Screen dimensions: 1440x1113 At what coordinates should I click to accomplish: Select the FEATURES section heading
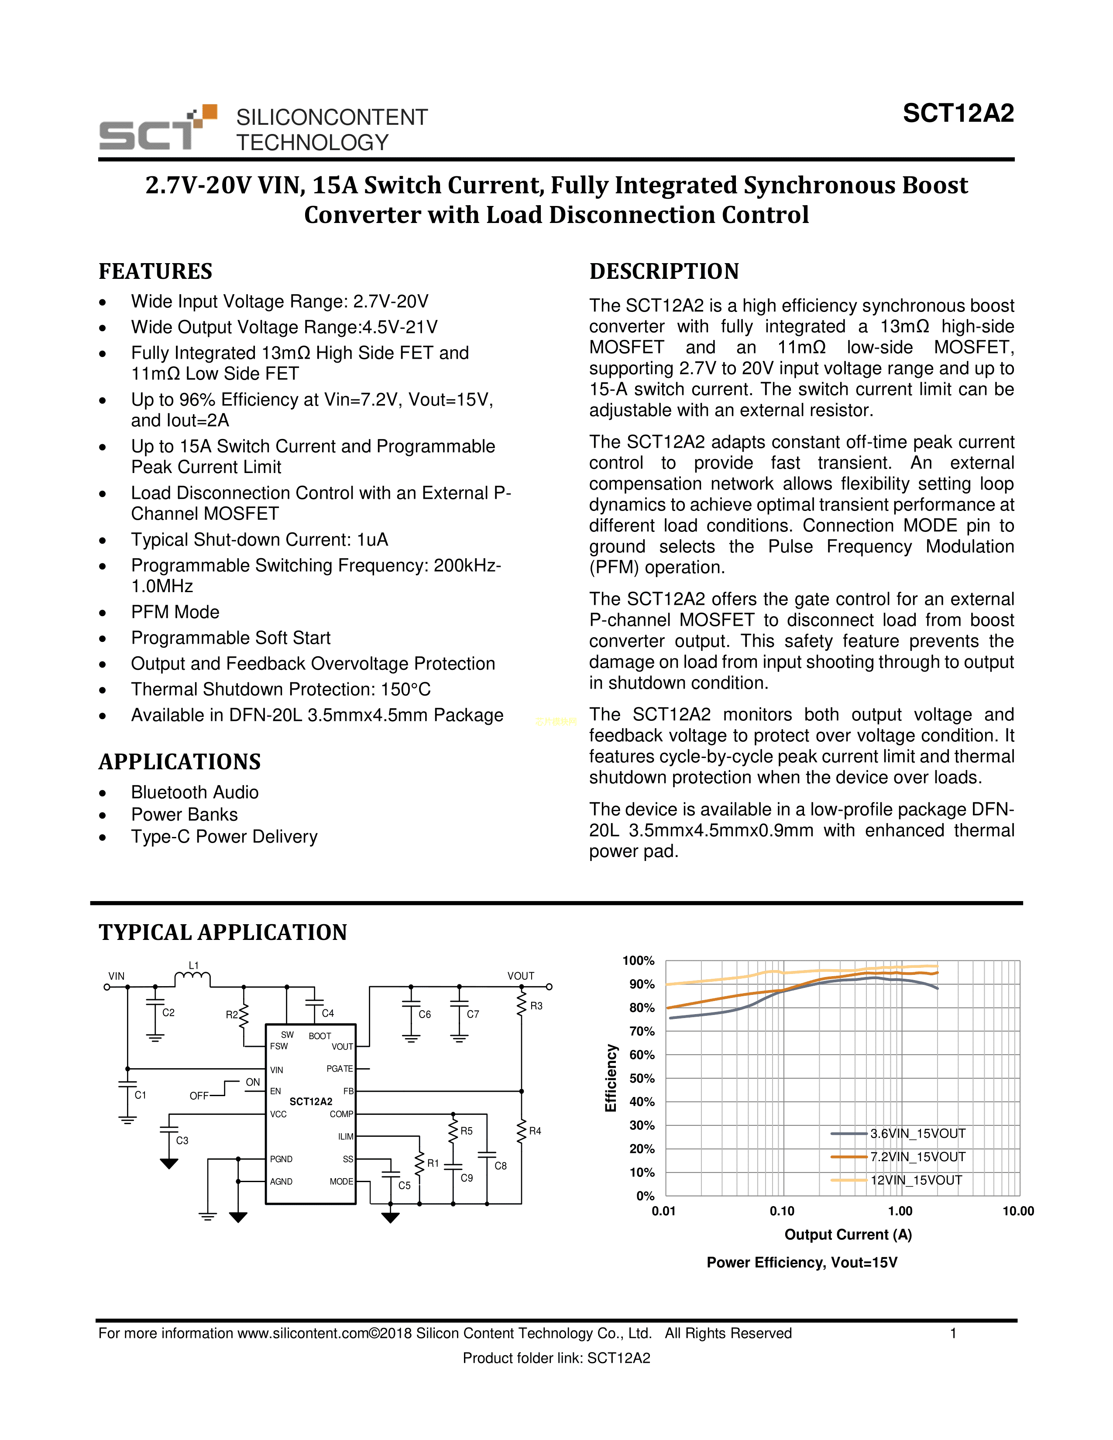click(x=156, y=271)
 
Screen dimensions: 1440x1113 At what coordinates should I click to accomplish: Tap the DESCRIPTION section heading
click(x=664, y=271)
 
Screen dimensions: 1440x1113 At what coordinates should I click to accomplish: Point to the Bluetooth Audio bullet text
click(x=195, y=792)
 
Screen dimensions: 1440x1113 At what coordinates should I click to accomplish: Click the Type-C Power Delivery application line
click(x=224, y=836)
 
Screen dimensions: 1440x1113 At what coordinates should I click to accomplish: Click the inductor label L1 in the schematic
click(x=193, y=965)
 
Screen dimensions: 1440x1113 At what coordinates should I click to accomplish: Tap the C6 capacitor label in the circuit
click(x=425, y=1015)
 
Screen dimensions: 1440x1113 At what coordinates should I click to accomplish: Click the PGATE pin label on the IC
click(x=340, y=1069)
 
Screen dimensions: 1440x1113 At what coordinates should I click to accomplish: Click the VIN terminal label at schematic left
click(x=116, y=976)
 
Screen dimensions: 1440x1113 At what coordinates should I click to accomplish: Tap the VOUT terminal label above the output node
click(x=520, y=976)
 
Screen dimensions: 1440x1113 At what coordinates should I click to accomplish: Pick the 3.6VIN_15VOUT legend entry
click(x=917, y=1133)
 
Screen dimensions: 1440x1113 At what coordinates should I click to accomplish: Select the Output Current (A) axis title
click(x=848, y=1235)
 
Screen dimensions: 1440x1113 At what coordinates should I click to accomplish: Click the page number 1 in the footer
click(x=953, y=1333)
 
